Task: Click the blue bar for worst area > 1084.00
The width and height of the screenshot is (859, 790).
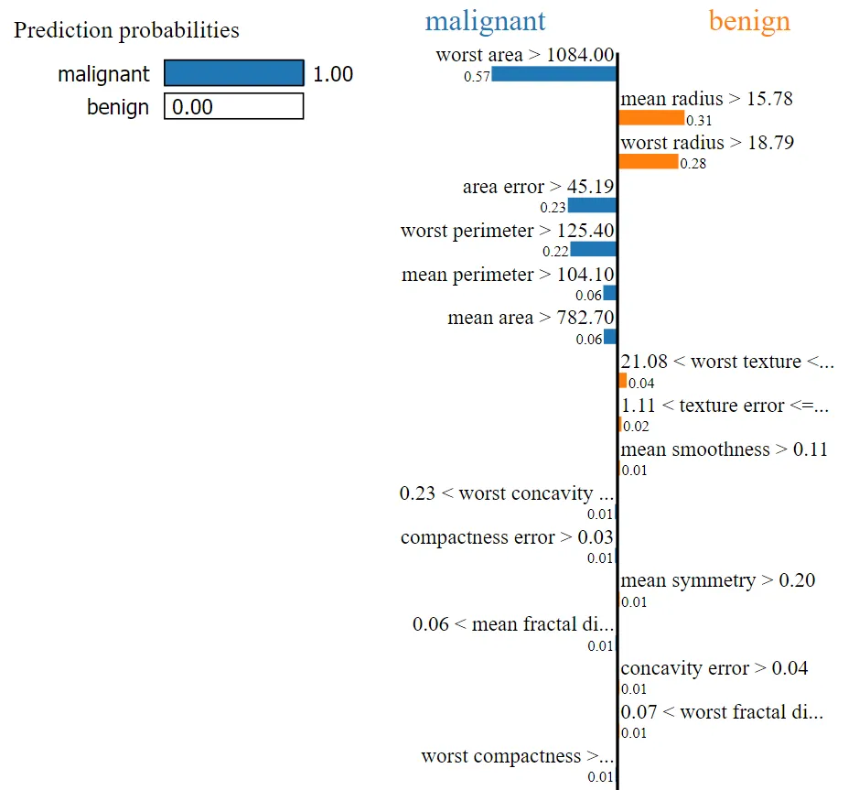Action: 553,74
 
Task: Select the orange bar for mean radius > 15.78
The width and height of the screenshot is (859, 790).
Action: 651,117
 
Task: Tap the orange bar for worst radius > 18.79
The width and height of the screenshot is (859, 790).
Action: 649,161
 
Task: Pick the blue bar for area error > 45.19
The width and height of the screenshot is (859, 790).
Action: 592,205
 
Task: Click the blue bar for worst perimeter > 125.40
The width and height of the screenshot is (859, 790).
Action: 593,249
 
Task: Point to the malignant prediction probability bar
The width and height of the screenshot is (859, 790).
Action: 233,73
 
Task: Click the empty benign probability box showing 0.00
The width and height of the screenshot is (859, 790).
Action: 233,107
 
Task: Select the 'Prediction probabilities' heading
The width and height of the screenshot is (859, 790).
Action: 126,30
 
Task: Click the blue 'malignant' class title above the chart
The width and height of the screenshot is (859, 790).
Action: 485,21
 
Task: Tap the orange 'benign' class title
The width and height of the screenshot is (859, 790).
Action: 749,21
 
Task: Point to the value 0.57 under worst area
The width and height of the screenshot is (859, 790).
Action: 477,77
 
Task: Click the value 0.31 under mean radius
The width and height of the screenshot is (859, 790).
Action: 700,120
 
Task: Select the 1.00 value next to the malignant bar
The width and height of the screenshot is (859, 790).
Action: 333,74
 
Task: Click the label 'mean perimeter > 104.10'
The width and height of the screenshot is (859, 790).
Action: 508,275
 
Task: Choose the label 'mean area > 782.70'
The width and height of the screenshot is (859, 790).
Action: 531,319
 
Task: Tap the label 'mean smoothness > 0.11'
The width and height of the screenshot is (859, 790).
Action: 724,449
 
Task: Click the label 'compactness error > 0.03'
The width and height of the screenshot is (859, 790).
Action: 507,537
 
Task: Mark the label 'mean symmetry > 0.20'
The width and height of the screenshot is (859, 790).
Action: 718,580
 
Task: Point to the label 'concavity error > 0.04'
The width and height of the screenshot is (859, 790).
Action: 714,668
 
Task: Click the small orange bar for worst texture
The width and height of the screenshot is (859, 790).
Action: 623,380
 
